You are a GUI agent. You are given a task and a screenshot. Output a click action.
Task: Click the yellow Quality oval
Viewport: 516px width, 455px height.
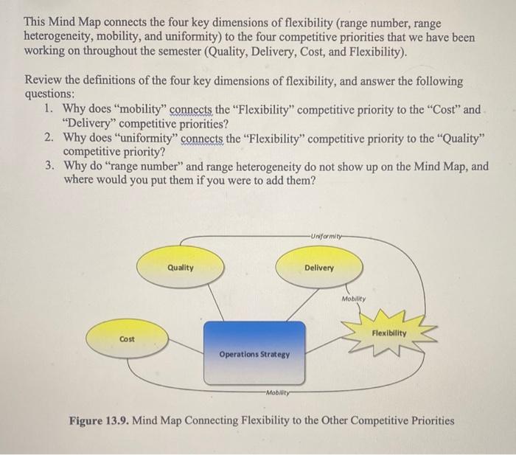[x=180, y=268]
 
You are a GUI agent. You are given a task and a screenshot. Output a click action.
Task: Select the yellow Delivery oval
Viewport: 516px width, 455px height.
[x=318, y=268]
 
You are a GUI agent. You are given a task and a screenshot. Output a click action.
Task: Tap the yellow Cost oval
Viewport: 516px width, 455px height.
[x=127, y=338]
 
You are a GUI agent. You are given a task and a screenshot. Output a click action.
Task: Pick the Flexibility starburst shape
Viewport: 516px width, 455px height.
[x=389, y=333]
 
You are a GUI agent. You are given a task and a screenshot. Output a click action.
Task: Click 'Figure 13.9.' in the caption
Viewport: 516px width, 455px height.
[x=96, y=421]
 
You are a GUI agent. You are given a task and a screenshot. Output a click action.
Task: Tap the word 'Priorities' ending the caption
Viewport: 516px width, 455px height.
[x=428, y=421]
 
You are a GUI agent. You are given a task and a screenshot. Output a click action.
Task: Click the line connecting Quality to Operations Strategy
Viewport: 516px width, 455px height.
[x=210, y=303]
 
